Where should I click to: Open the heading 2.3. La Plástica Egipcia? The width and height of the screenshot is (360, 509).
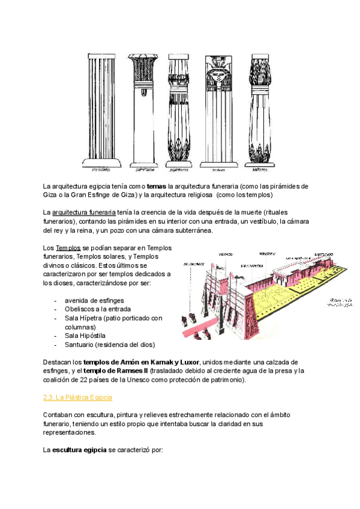click(x=78, y=397)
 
